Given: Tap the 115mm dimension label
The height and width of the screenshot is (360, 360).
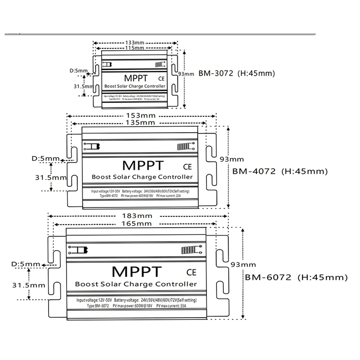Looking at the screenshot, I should [x=133, y=47].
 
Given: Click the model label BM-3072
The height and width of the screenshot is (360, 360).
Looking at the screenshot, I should [x=215, y=73].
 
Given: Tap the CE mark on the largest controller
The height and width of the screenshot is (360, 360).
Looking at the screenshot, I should [x=190, y=272].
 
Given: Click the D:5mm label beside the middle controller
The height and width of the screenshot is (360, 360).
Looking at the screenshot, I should [x=45, y=158].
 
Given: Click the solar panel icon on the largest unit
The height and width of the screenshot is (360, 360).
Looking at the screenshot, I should [x=188, y=250].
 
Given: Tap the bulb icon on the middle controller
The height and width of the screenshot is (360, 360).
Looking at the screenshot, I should [x=91, y=147].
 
